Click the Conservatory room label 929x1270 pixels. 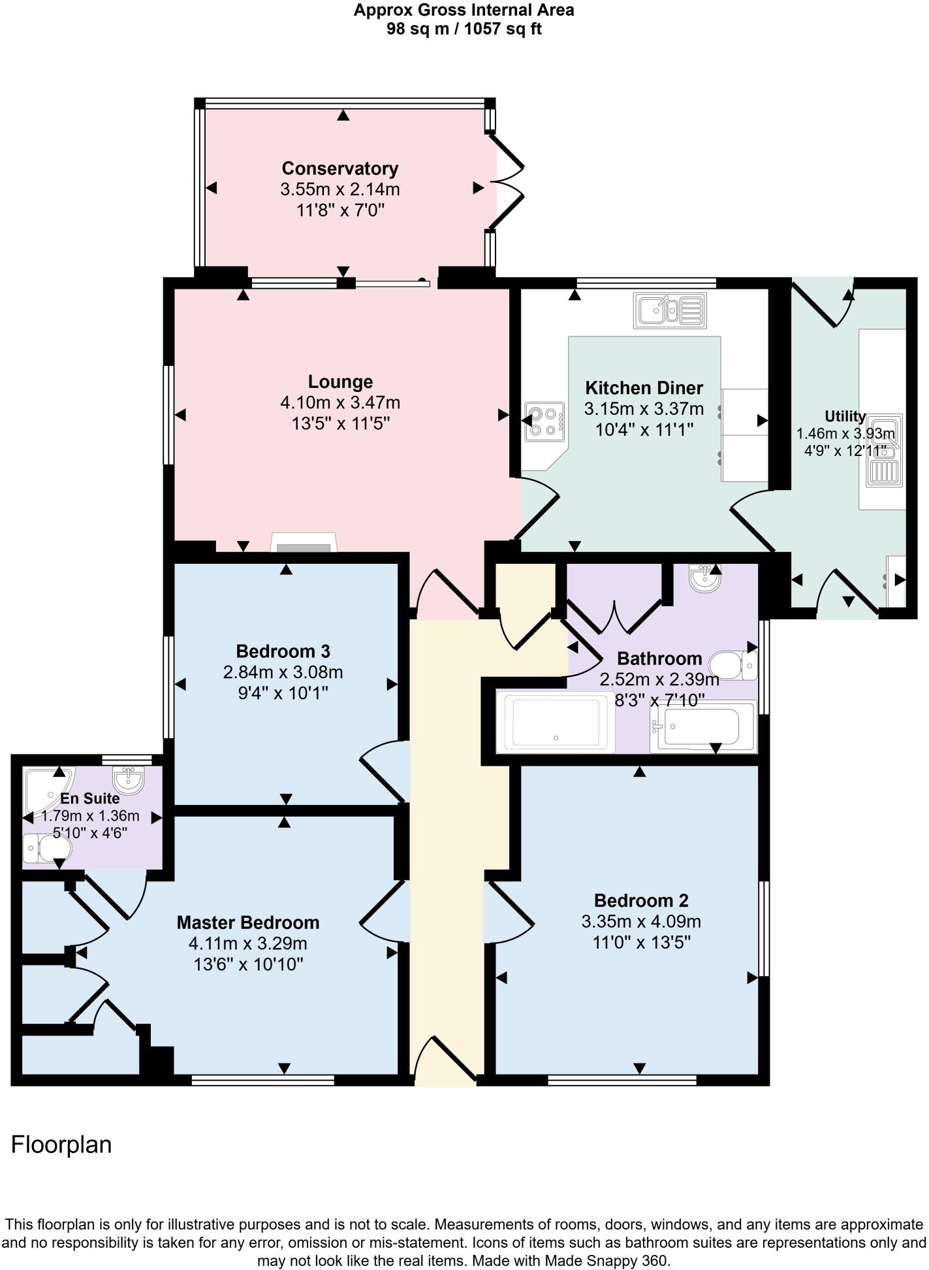pos(339,169)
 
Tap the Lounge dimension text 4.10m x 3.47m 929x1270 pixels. pos(339,403)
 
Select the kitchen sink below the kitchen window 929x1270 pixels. pos(669,311)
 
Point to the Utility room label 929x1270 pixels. pos(845,416)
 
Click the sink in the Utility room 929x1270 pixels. pos(885,451)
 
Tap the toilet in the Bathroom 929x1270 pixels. pos(732,665)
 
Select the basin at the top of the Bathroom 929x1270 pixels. pos(704,578)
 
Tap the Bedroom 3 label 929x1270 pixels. pos(283,651)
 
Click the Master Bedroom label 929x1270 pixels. pos(248,922)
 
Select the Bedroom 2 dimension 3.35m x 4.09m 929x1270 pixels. pos(641,922)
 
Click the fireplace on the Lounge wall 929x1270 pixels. pos(304,544)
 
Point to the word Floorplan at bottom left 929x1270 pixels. pos(61,1145)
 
